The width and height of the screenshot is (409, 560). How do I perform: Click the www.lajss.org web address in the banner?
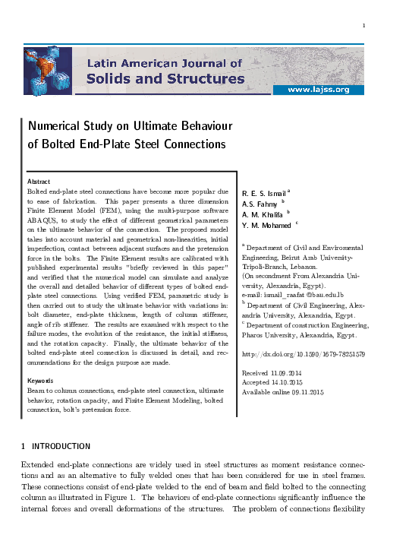[x=327, y=90]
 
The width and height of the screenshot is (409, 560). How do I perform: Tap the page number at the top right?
[x=364, y=27]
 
